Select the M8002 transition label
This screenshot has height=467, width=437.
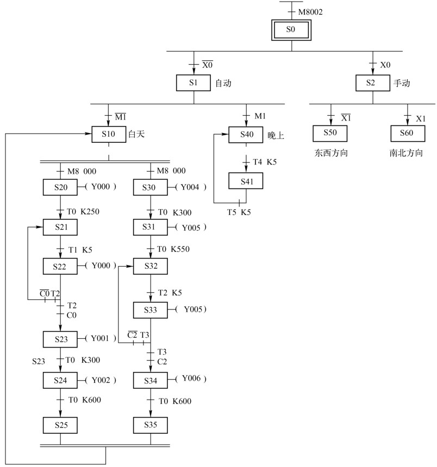coord(310,11)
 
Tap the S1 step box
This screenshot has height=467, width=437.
coord(193,83)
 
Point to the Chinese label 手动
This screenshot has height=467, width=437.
coord(402,84)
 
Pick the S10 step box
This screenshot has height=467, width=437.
coord(109,134)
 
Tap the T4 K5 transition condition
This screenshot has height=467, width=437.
coord(264,161)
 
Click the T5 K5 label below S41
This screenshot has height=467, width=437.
coord(239,211)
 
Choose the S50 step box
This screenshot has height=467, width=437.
coord(330,134)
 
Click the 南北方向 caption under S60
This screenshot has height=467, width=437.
coord(407,153)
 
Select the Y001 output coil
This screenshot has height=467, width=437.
coord(101,338)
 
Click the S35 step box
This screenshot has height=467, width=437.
coord(151,424)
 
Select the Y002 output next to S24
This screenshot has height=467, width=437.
coord(101,380)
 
